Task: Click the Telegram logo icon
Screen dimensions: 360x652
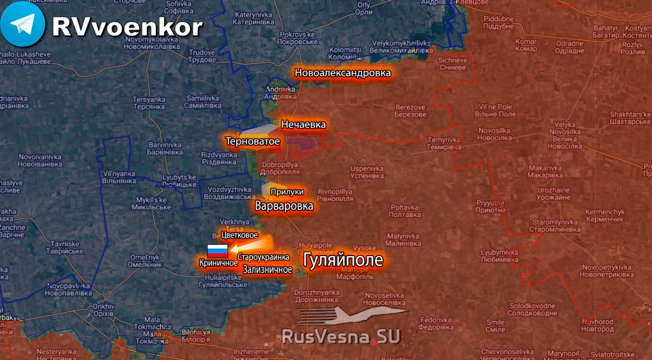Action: pos(23,24)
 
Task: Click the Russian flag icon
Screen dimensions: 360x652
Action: pos(218,251)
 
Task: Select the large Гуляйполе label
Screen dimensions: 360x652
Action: pos(343,260)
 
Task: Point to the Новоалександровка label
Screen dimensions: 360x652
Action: pos(343,73)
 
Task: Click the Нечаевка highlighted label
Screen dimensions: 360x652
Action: pos(304,124)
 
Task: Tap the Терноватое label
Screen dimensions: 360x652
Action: pos(253,141)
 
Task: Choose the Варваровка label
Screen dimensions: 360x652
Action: pos(284,206)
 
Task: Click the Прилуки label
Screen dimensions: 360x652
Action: pos(287,191)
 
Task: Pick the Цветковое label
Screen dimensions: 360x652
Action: pos(239,235)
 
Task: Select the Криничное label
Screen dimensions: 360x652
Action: pos(219,263)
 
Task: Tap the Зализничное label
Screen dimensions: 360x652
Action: pos(267,269)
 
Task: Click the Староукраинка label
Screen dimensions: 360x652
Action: pos(263,258)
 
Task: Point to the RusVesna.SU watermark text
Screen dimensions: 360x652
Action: pos(341,336)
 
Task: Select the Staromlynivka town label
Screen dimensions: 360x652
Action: pos(555,226)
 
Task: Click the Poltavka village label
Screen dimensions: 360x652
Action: pos(404,211)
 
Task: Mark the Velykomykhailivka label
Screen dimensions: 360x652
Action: pos(401,47)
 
